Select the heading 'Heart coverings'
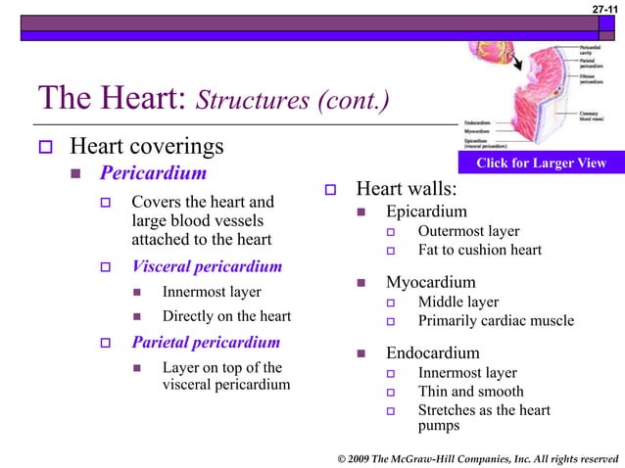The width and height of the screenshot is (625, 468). [x=146, y=148]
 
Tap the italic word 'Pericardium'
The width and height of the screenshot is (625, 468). [x=153, y=174]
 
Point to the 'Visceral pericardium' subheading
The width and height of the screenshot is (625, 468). [x=207, y=266]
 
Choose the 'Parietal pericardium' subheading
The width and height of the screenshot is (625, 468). [x=206, y=343]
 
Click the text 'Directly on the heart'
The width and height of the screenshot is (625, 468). [x=226, y=315]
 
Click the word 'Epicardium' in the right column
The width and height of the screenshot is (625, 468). [x=426, y=211]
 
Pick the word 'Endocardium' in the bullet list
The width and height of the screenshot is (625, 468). [x=433, y=352]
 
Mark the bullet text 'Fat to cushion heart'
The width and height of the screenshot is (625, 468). [x=479, y=250]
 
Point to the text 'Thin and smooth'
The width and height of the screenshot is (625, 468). [x=470, y=392]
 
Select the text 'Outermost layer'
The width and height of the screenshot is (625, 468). [x=468, y=231]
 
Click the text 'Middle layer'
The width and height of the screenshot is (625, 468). [x=457, y=302]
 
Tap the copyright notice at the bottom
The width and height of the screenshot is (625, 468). [x=476, y=457]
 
